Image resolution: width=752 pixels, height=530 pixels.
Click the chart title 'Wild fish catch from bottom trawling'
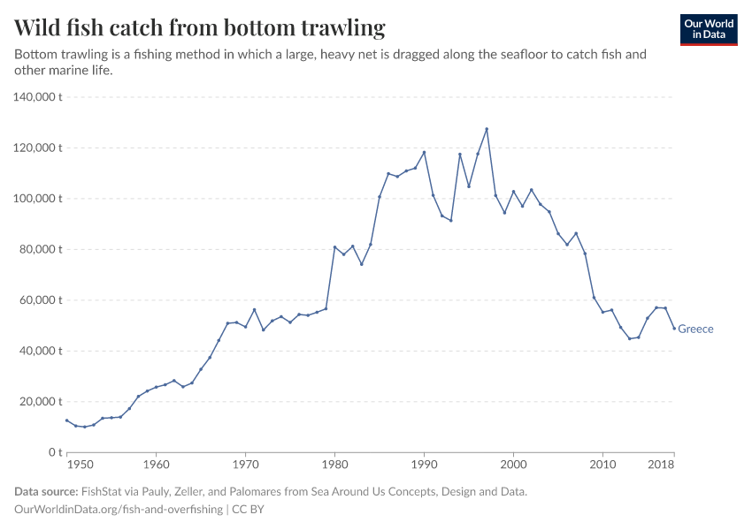(200, 28)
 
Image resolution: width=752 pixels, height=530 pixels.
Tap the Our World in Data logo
(709, 29)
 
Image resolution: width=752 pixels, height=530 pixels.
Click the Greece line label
(695, 329)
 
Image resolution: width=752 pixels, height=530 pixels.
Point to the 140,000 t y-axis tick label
(38, 97)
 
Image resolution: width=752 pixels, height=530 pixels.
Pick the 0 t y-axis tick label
(54, 452)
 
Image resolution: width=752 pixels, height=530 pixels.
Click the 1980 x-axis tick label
(334, 464)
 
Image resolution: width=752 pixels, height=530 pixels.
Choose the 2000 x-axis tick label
(513, 464)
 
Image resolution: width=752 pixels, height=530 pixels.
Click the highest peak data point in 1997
(487, 129)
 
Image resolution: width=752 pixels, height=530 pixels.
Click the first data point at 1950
(67, 420)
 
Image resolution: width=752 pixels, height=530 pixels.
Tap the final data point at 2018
(674, 329)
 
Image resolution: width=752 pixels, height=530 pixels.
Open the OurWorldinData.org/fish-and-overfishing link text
(119, 510)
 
